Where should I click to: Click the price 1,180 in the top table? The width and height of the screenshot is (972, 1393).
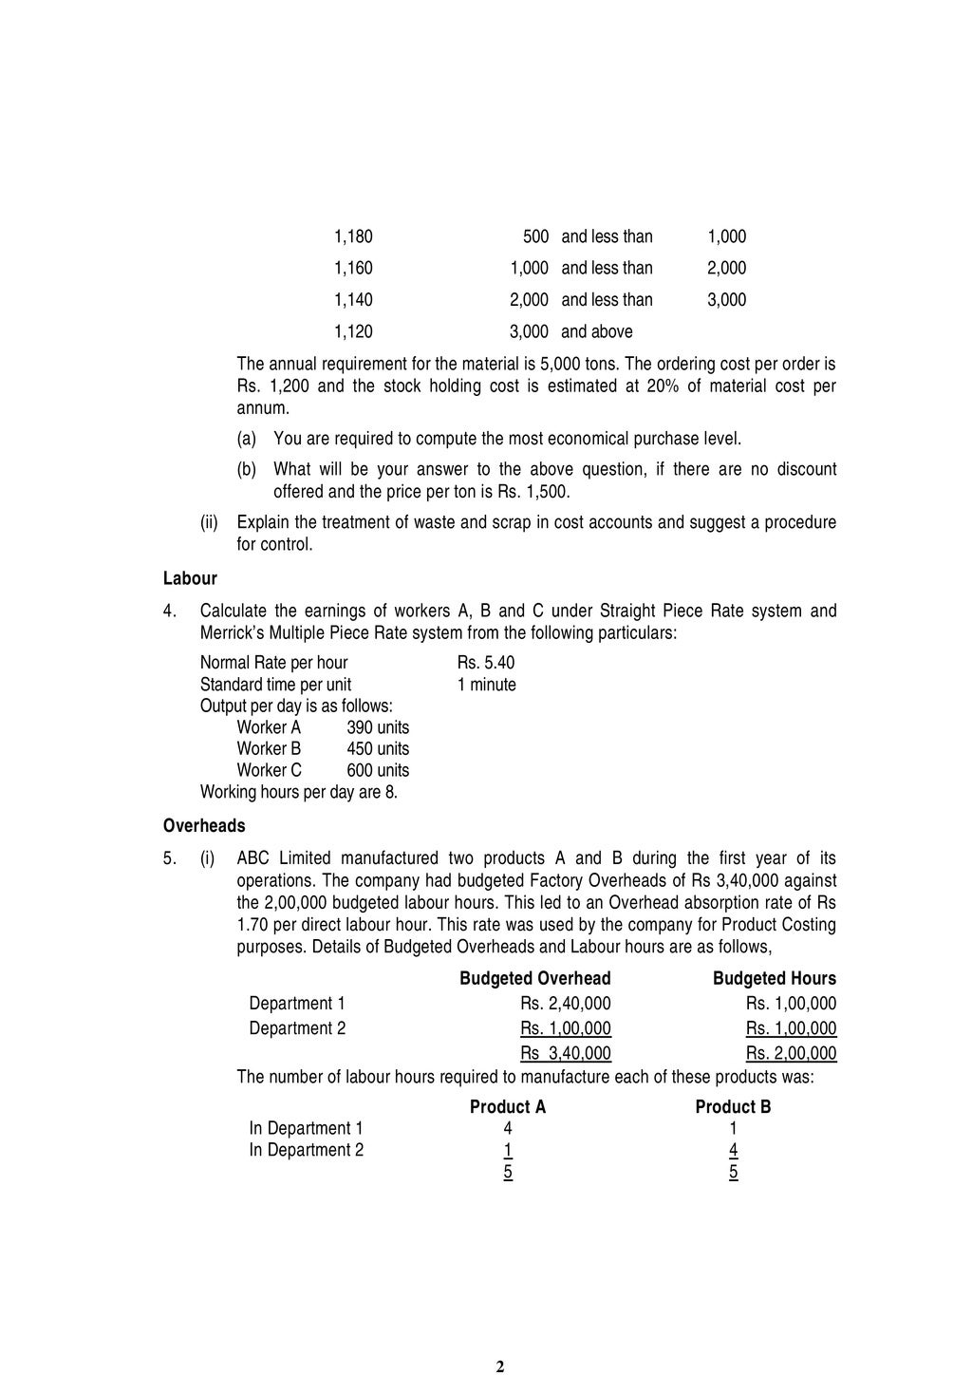353,236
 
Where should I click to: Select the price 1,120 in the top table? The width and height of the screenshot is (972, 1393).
353,331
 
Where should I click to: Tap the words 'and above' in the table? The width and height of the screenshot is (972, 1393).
596,331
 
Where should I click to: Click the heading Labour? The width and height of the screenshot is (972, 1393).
190,578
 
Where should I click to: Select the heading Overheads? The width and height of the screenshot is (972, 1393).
204,825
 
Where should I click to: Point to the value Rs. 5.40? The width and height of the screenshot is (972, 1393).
485,663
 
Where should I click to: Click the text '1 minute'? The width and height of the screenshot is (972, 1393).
486,685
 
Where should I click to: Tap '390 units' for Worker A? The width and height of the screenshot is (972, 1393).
378,727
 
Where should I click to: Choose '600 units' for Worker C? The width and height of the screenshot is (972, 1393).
378,770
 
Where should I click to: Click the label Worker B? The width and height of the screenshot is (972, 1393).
269,748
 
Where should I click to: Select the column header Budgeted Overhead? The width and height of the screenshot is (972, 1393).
535,978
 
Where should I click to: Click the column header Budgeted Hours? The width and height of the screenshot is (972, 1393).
775,978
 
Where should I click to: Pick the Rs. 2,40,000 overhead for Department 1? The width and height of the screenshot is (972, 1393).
566,1004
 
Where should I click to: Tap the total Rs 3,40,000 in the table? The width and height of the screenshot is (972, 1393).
566,1053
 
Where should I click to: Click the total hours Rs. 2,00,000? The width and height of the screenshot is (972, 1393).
791,1053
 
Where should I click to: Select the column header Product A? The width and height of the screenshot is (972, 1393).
508,1107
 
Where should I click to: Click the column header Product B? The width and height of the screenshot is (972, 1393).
733,1107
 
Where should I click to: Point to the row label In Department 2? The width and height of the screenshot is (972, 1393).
306,1150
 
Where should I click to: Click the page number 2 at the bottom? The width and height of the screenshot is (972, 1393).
500,1366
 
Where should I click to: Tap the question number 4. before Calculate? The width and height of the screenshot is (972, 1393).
169,611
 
